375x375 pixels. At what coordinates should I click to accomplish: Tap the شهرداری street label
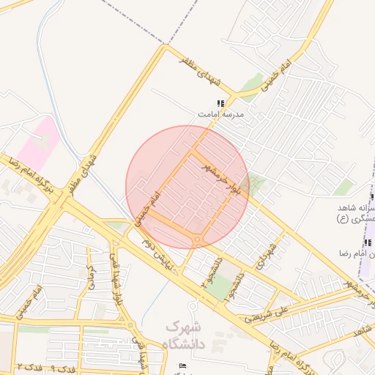tap(268, 256)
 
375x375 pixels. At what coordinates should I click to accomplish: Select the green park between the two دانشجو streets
tap(218, 287)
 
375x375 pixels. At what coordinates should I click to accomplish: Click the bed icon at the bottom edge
tap(182, 365)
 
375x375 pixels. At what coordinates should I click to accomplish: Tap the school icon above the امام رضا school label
tap(366, 243)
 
